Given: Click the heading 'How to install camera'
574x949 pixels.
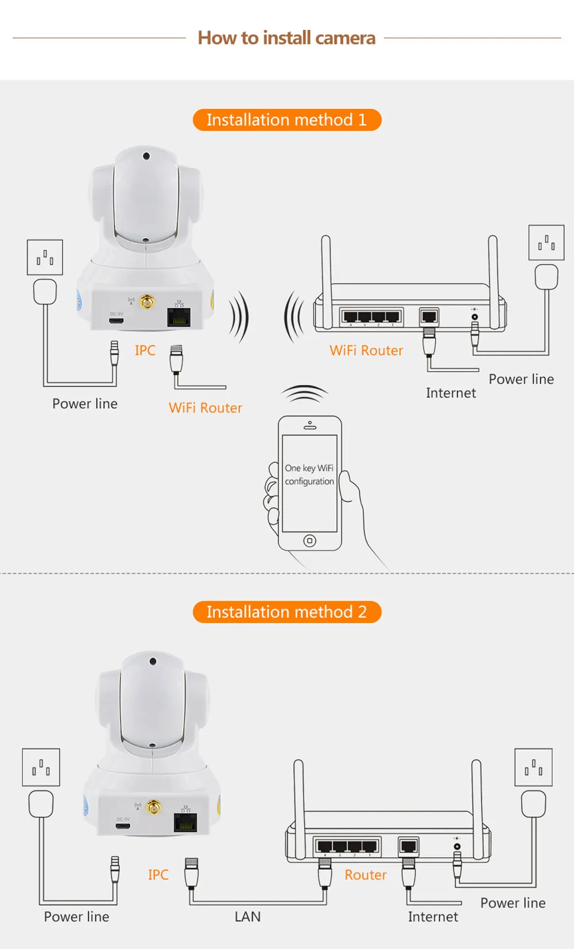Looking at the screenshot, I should [286, 38].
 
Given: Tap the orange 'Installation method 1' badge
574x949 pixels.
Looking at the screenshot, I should [286, 120].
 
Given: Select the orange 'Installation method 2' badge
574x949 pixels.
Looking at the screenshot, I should [286, 612].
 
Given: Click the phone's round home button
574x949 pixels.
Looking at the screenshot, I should [309, 540].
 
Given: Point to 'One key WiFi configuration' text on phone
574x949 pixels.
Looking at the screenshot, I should [309, 475].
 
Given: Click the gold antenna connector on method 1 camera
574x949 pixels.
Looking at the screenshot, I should [148, 301].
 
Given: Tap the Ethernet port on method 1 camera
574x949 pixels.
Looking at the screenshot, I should [179, 316].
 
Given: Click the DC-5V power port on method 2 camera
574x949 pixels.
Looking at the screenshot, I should [123, 826].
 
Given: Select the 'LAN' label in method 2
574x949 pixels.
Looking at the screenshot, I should [247, 917].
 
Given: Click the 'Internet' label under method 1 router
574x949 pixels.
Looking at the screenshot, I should [451, 393].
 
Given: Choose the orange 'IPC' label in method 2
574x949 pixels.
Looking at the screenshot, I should [158, 875].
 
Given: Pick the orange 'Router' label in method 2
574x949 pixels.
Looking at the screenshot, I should [366, 875].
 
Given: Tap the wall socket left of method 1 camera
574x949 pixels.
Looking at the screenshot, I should [45, 257].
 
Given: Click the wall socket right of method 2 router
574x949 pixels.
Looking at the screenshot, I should [533, 767].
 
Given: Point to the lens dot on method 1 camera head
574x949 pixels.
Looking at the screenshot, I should [146, 156].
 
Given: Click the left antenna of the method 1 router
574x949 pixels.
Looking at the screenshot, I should [326, 264].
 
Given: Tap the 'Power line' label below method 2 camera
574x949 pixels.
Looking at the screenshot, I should [76, 917].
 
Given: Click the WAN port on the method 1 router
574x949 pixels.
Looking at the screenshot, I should [429, 316].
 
